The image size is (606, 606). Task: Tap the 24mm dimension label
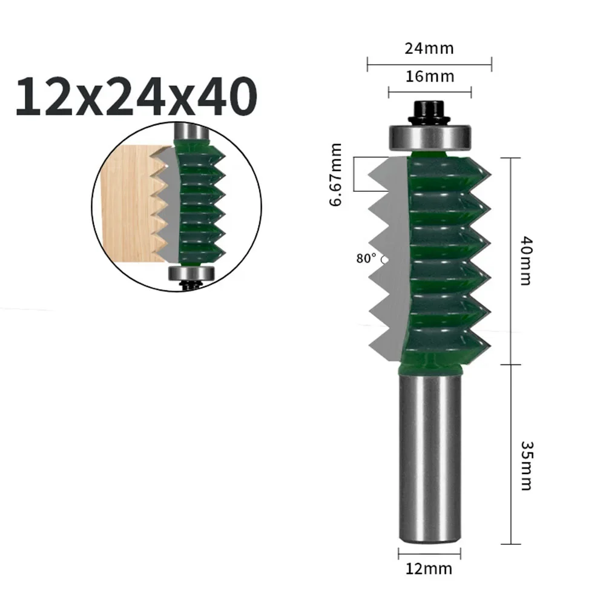point(429,48)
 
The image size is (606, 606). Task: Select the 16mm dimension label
point(429,77)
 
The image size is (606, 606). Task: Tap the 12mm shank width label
point(429,568)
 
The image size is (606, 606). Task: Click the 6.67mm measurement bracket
point(363,174)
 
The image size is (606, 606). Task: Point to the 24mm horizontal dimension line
point(429,61)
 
